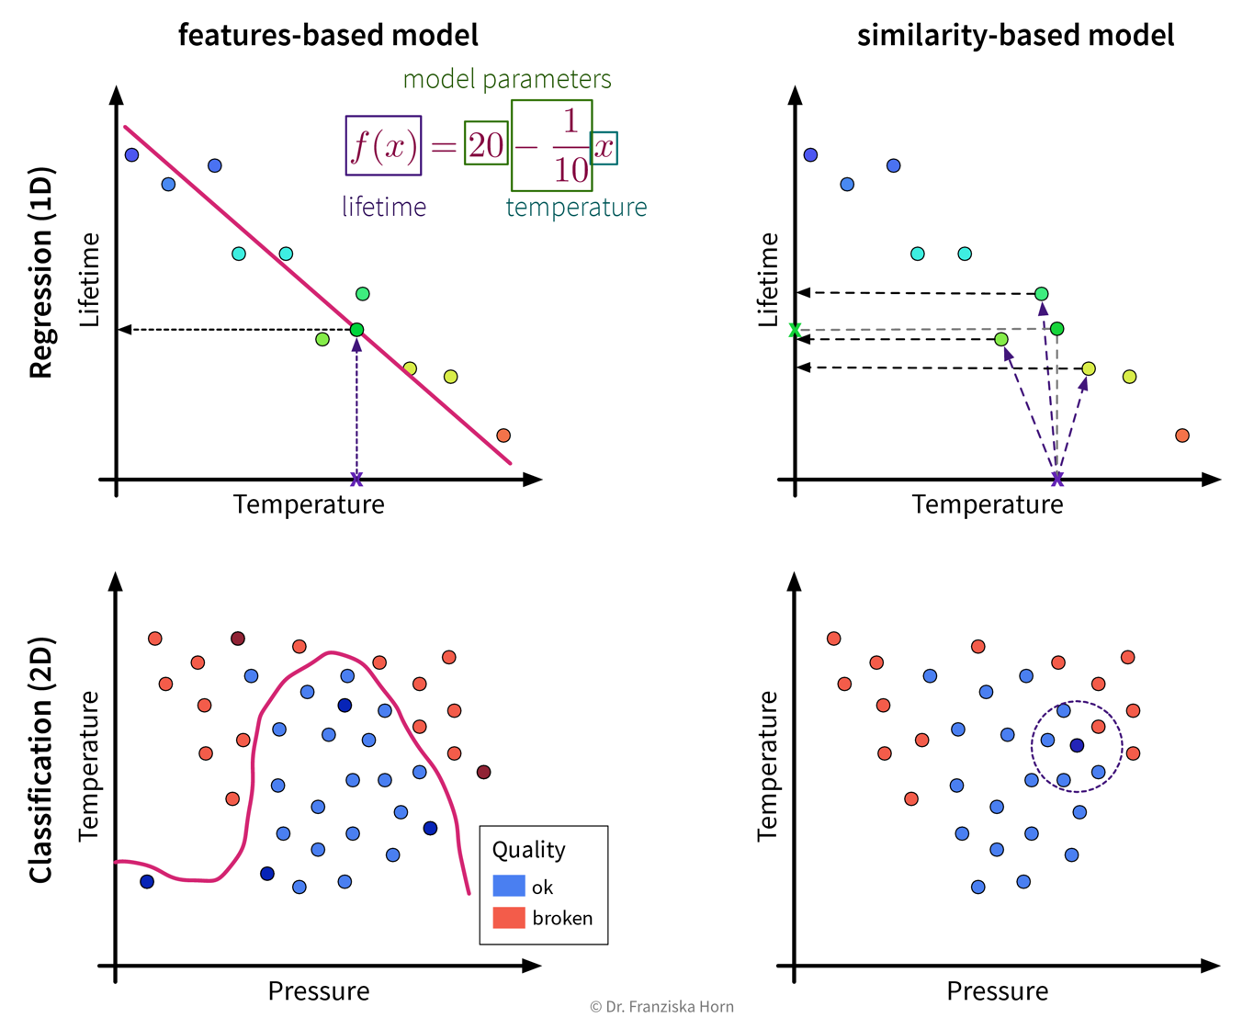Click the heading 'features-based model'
328,35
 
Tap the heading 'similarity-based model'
1015,35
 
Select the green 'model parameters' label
507,79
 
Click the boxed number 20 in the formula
486,144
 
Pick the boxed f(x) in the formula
383,145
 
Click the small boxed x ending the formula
604,148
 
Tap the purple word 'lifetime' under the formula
384,207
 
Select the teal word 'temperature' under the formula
576,208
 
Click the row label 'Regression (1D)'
41,273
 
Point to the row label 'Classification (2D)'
41,760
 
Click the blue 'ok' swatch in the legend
509,886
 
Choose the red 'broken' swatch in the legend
509,917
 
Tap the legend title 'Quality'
528,849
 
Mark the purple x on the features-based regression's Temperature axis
356,480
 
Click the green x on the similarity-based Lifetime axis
796,330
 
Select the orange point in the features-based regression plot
503,435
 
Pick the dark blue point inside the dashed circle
1077,745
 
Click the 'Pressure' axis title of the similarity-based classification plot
997,990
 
